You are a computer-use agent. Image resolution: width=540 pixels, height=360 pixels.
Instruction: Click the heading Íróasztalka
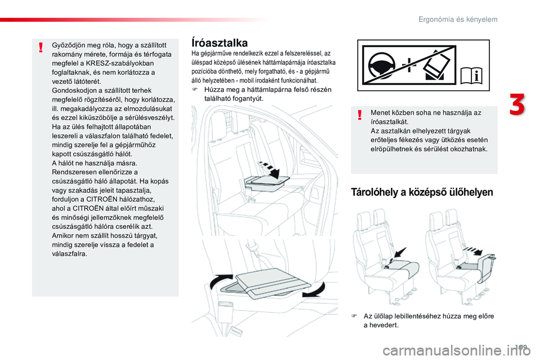click(x=219, y=43)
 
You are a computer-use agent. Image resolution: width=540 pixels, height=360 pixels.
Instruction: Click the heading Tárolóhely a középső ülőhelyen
click(x=422, y=192)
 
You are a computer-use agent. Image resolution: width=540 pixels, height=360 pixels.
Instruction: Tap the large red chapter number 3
click(x=517, y=104)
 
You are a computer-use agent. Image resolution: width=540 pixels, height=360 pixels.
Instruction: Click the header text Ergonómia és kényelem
click(x=458, y=19)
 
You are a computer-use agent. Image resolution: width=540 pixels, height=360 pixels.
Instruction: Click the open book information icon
click(x=471, y=75)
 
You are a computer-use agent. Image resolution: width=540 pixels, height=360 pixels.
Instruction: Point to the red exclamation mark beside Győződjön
click(x=41, y=47)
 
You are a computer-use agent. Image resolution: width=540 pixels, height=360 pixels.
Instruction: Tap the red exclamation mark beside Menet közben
click(x=360, y=115)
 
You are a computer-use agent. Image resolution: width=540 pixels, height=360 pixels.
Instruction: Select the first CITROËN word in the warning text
click(x=102, y=199)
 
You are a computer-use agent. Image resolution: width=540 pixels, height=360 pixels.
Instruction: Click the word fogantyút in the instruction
click(x=247, y=98)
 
